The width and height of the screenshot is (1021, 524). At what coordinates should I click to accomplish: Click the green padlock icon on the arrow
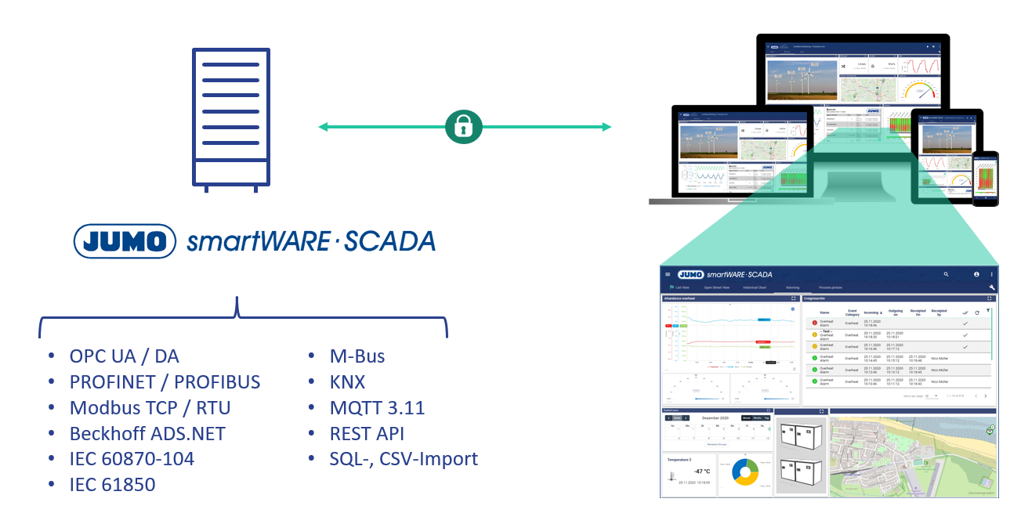pos(463,127)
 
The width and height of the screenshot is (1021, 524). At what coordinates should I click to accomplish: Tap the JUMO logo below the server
pos(125,240)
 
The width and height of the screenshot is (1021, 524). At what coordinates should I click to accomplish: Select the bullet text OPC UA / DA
pos(124,356)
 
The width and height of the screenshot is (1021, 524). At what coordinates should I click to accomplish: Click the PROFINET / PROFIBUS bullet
pos(165,382)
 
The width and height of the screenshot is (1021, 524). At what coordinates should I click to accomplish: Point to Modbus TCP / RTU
pos(150,408)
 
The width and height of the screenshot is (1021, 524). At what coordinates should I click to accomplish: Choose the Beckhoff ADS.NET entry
pos(147,433)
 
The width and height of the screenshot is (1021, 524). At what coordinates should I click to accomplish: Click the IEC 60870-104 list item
pos(132,459)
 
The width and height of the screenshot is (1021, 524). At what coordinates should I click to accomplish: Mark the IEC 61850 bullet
pos(112,485)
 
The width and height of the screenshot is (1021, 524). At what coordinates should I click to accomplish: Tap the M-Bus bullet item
pos(357,356)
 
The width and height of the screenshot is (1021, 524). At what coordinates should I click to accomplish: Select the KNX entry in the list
pos(347,382)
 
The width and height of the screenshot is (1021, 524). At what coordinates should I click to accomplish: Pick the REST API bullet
pos(367,433)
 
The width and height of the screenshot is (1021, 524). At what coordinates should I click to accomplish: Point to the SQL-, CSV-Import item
pos(404,459)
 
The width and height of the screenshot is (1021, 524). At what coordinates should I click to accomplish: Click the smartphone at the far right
pos(985,179)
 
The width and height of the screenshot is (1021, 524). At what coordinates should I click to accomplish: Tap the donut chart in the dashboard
pos(744,472)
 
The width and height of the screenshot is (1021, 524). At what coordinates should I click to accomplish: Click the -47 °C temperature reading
pos(701,471)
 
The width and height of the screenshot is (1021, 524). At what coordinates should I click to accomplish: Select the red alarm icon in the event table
pos(814,323)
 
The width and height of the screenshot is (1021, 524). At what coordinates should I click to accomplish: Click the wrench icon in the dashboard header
pos(991,287)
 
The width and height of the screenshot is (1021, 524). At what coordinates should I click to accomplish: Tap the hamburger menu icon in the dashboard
pos(668,274)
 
